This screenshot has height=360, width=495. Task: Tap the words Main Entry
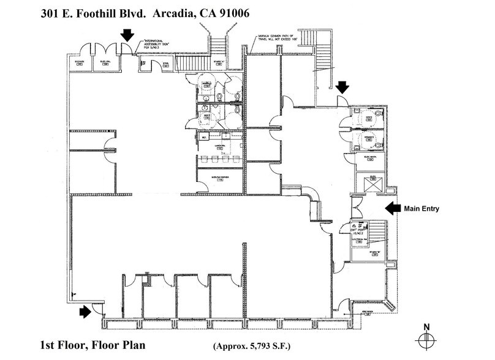(421, 209)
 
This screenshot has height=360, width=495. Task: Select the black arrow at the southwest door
(85, 312)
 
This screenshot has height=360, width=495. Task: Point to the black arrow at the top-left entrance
(127, 35)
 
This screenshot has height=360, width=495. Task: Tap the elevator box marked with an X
(371, 182)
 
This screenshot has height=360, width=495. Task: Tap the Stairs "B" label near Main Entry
(371, 251)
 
